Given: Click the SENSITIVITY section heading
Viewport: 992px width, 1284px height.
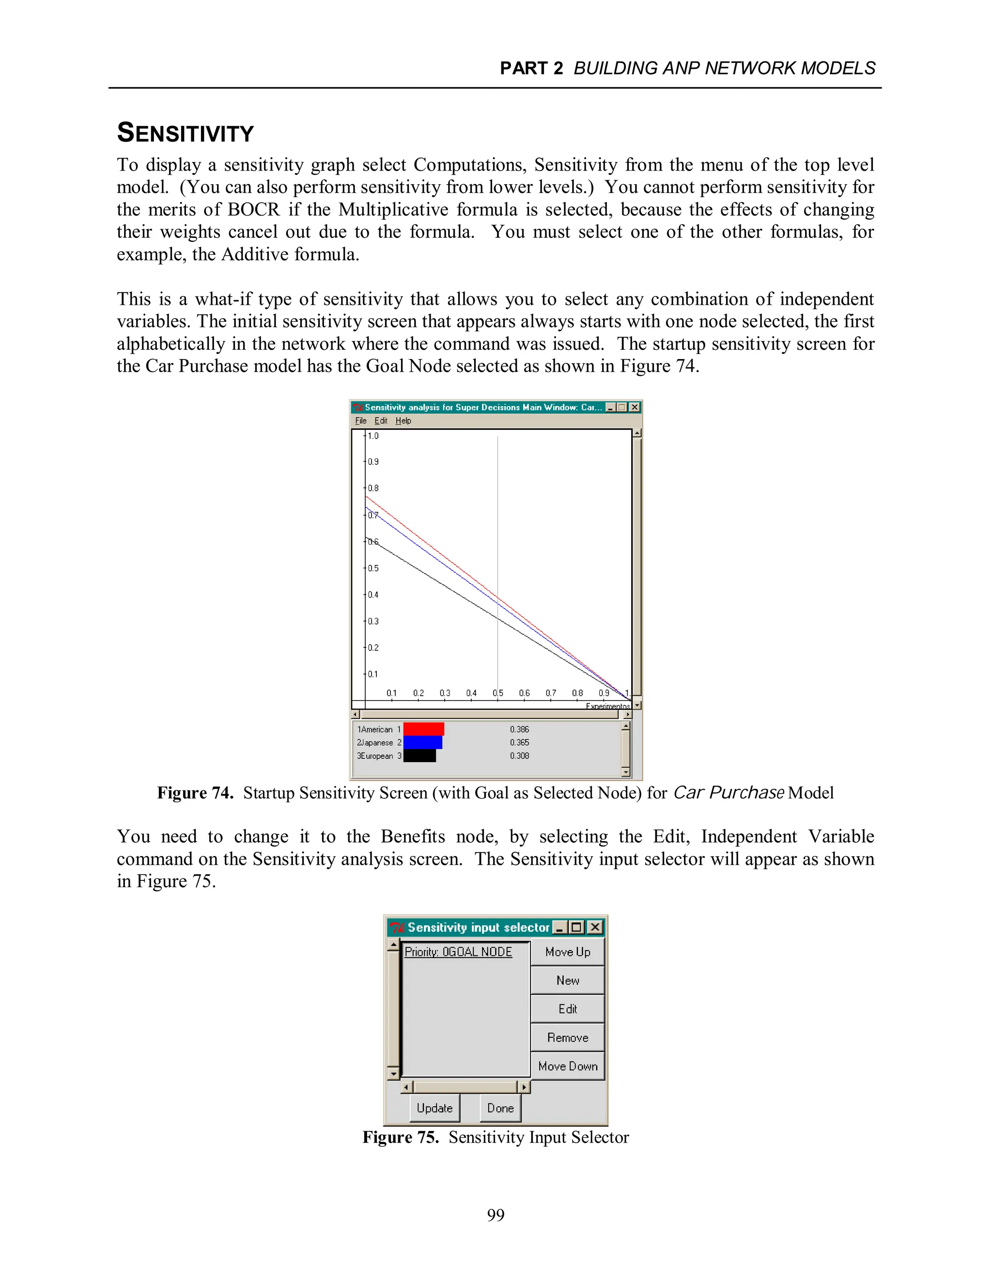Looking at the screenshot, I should tap(185, 133).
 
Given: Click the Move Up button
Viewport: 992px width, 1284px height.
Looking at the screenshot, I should tap(567, 952).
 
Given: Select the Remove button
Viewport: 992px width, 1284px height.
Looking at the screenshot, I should tap(567, 1038).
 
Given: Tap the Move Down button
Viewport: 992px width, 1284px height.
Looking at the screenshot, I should tap(567, 1066).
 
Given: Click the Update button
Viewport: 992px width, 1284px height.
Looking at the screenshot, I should tap(434, 1108).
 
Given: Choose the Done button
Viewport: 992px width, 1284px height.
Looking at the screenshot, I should tap(500, 1108).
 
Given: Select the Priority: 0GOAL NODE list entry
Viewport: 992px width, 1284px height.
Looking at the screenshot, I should tap(458, 952).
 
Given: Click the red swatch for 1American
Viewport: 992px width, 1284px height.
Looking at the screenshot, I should tap(423, 729).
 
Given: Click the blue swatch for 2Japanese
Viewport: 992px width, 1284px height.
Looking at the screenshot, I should tap(422, 742).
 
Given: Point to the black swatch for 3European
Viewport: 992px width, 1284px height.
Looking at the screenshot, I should tap(419, 756).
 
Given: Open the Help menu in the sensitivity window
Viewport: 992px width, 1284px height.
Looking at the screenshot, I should tap(403, 421).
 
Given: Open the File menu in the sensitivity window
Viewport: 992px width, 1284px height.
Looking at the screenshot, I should tap(360, 421).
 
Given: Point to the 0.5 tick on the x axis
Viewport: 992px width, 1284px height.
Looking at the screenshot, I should tap(498, 693).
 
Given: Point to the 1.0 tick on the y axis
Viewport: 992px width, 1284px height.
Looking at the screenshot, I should tap(372, 436).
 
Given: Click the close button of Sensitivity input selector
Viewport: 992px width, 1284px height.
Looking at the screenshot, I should tap(595, 927).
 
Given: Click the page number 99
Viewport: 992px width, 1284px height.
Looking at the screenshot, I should tap(496, 1215).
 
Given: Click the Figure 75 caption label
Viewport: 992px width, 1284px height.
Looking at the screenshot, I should tap(400, 1138).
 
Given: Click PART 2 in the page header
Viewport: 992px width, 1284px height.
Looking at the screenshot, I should tap(531, 69).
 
